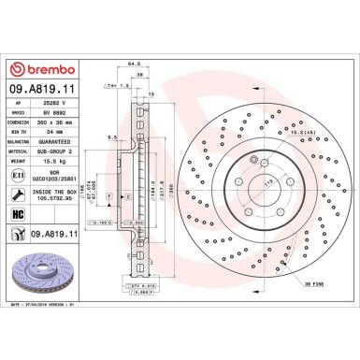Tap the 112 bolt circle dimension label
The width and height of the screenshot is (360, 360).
click(247, 180)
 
